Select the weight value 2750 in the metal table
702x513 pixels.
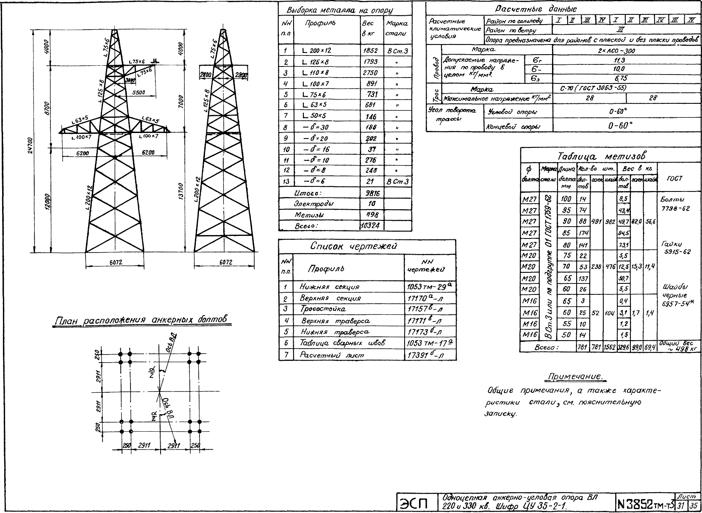[x=370, y=72]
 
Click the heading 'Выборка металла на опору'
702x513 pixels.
[x=340, y=10]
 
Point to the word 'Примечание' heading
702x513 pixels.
[x=574, y=376]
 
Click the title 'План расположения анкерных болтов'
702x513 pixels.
[x=143, y=321]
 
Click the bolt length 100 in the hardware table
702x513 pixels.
[x=566, y=199]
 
